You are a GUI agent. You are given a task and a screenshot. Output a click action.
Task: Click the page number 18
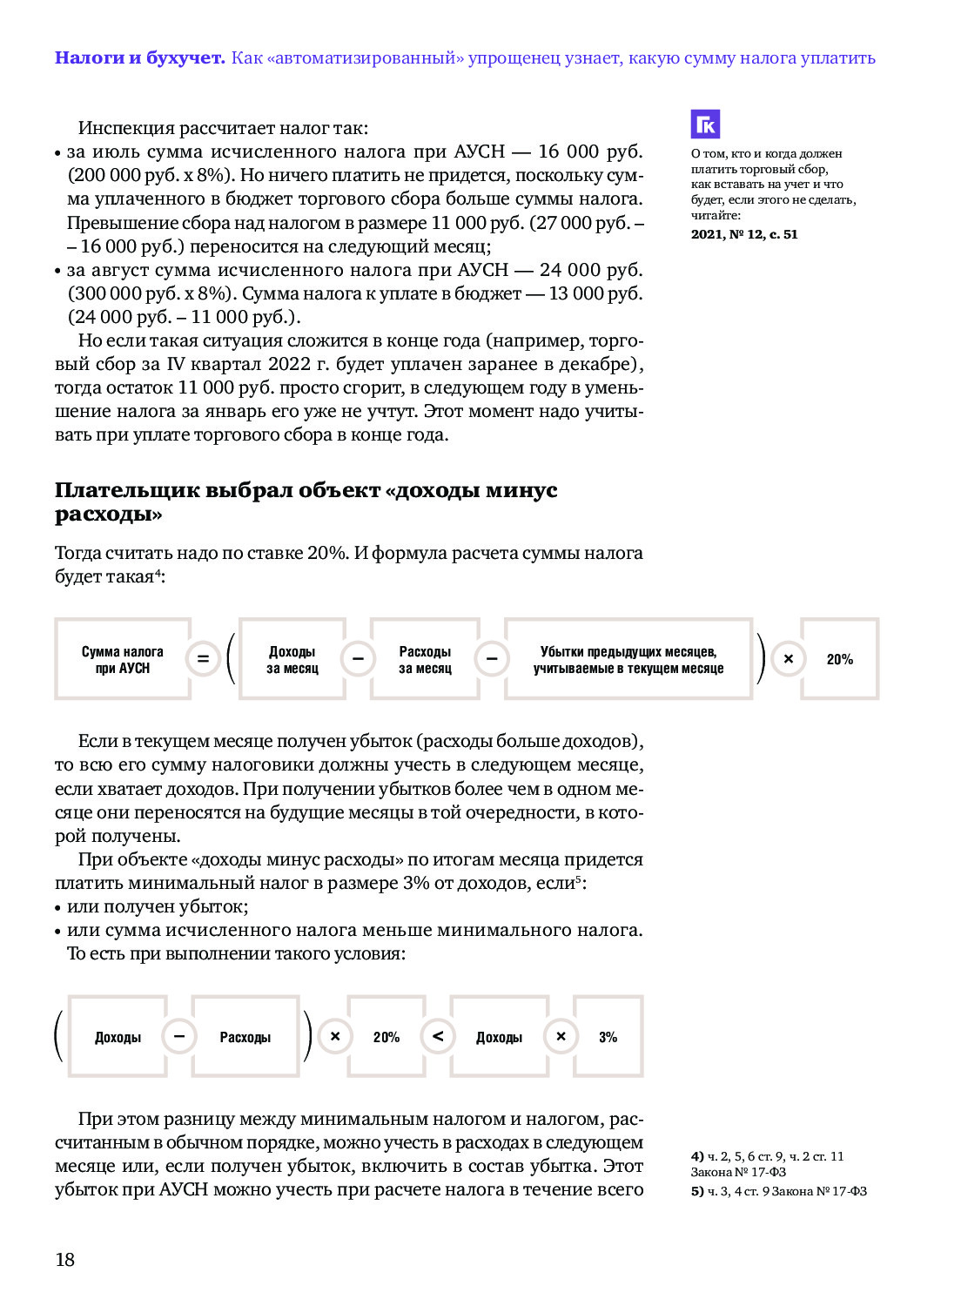pyautogui.click(x=65, y=1259)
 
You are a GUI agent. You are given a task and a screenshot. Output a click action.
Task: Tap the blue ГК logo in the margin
pyautogui.click(x=705, y=125)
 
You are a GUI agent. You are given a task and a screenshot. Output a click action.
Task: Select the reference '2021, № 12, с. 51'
pyautogui.click(x=744, y=234)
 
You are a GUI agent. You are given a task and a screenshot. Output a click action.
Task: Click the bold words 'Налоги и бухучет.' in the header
pyautogui.click(x=139, y=58)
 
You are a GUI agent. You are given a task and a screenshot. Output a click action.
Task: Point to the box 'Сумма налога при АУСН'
pyautogui.click(x=122, y=660)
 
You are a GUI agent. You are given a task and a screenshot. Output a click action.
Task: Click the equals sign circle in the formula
pyautogui.click(x=202, y=659)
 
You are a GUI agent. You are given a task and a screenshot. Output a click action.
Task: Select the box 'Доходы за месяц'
pyautogui.click(x=292, y=660)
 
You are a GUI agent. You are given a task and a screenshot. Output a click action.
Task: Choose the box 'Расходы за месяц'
pyautogui.click(x=425, y=660)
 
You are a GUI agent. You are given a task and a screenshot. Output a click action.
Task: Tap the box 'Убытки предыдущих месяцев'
pyautogui.click(x=628, y=660)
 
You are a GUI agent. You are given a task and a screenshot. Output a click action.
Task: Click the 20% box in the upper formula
pyautogui.click(x=839, y=660)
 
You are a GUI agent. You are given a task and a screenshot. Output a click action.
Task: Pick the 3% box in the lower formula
pyautogui.click(x=608, y=1037)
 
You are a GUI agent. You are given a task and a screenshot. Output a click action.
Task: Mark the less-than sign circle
pyautogui.click(x=438, y=1036)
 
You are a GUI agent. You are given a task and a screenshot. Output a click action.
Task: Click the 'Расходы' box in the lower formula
pyautogui.click(x=245, y=1037)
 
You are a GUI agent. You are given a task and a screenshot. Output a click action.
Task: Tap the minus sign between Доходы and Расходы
pyautogui.click(x=179, y=1036)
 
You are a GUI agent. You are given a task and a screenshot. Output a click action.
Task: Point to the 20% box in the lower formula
pyautogui.click(x=386, y=1037)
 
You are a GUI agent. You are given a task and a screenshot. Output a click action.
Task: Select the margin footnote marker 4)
pyautogui.click(x=697, y=1156)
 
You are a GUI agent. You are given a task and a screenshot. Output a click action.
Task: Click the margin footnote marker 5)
pyautogui.click(x=697, y=1191)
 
